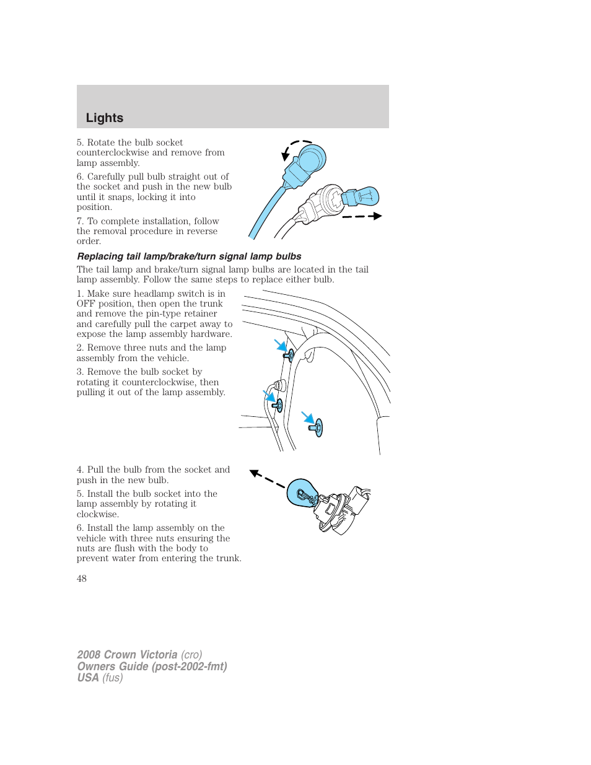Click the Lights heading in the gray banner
(x=105, y=118)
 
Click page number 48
(x=82, y=579)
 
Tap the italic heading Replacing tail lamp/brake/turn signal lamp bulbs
(x=189, y=256)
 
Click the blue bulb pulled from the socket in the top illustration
(x=363, y=197)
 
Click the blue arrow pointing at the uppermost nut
(x=280, y=344)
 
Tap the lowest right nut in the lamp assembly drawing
(x=318, y=427)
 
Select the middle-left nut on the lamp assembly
(x=278, y=406)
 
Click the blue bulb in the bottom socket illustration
(x=303, y=493)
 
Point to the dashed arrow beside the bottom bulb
(x=266, y=478)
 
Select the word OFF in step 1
(x=85, y=304)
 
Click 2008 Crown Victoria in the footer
(x=127, y=655)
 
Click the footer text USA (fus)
(x=100, y=678)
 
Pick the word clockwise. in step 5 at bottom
(x=98, y=514)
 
